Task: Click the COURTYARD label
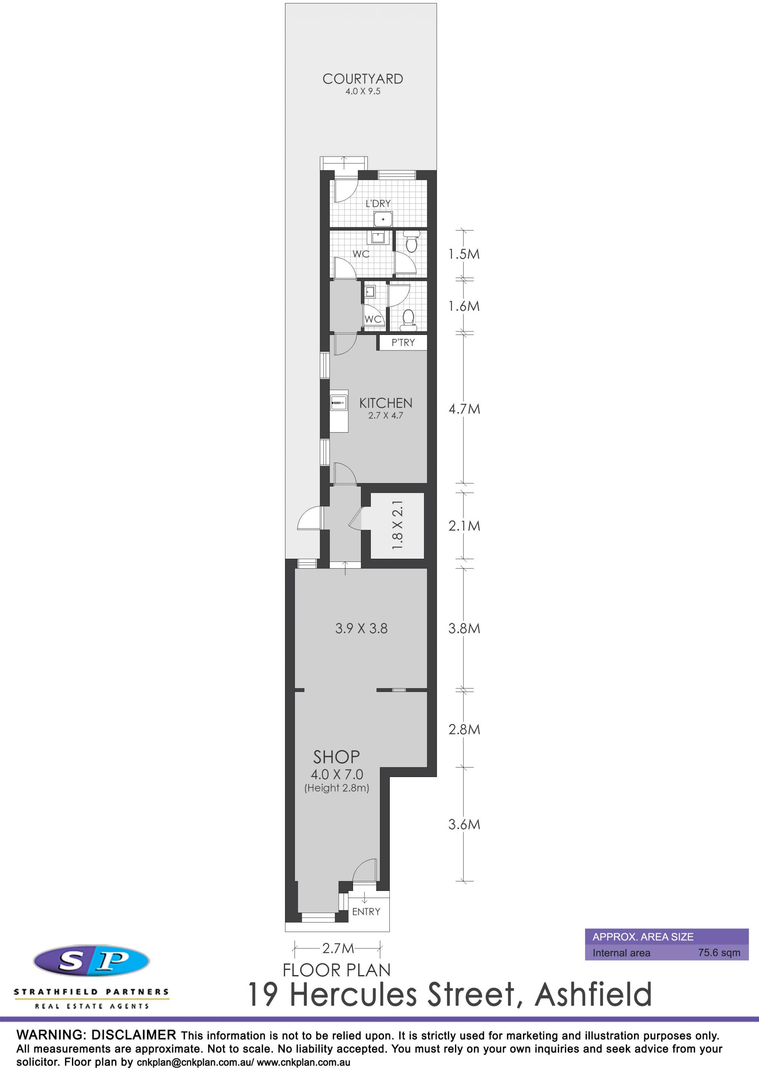point(363,79)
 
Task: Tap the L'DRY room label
point(378,204)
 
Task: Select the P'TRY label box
point(403,342)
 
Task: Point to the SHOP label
point(336,757)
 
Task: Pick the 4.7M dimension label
point(464,409)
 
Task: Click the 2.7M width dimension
point(338,948)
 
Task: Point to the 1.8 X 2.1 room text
point(397,525)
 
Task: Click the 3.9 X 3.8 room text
point(361,628)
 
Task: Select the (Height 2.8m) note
point(337,788)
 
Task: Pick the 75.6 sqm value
point(719,952)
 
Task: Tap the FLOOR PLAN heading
point(337,970)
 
